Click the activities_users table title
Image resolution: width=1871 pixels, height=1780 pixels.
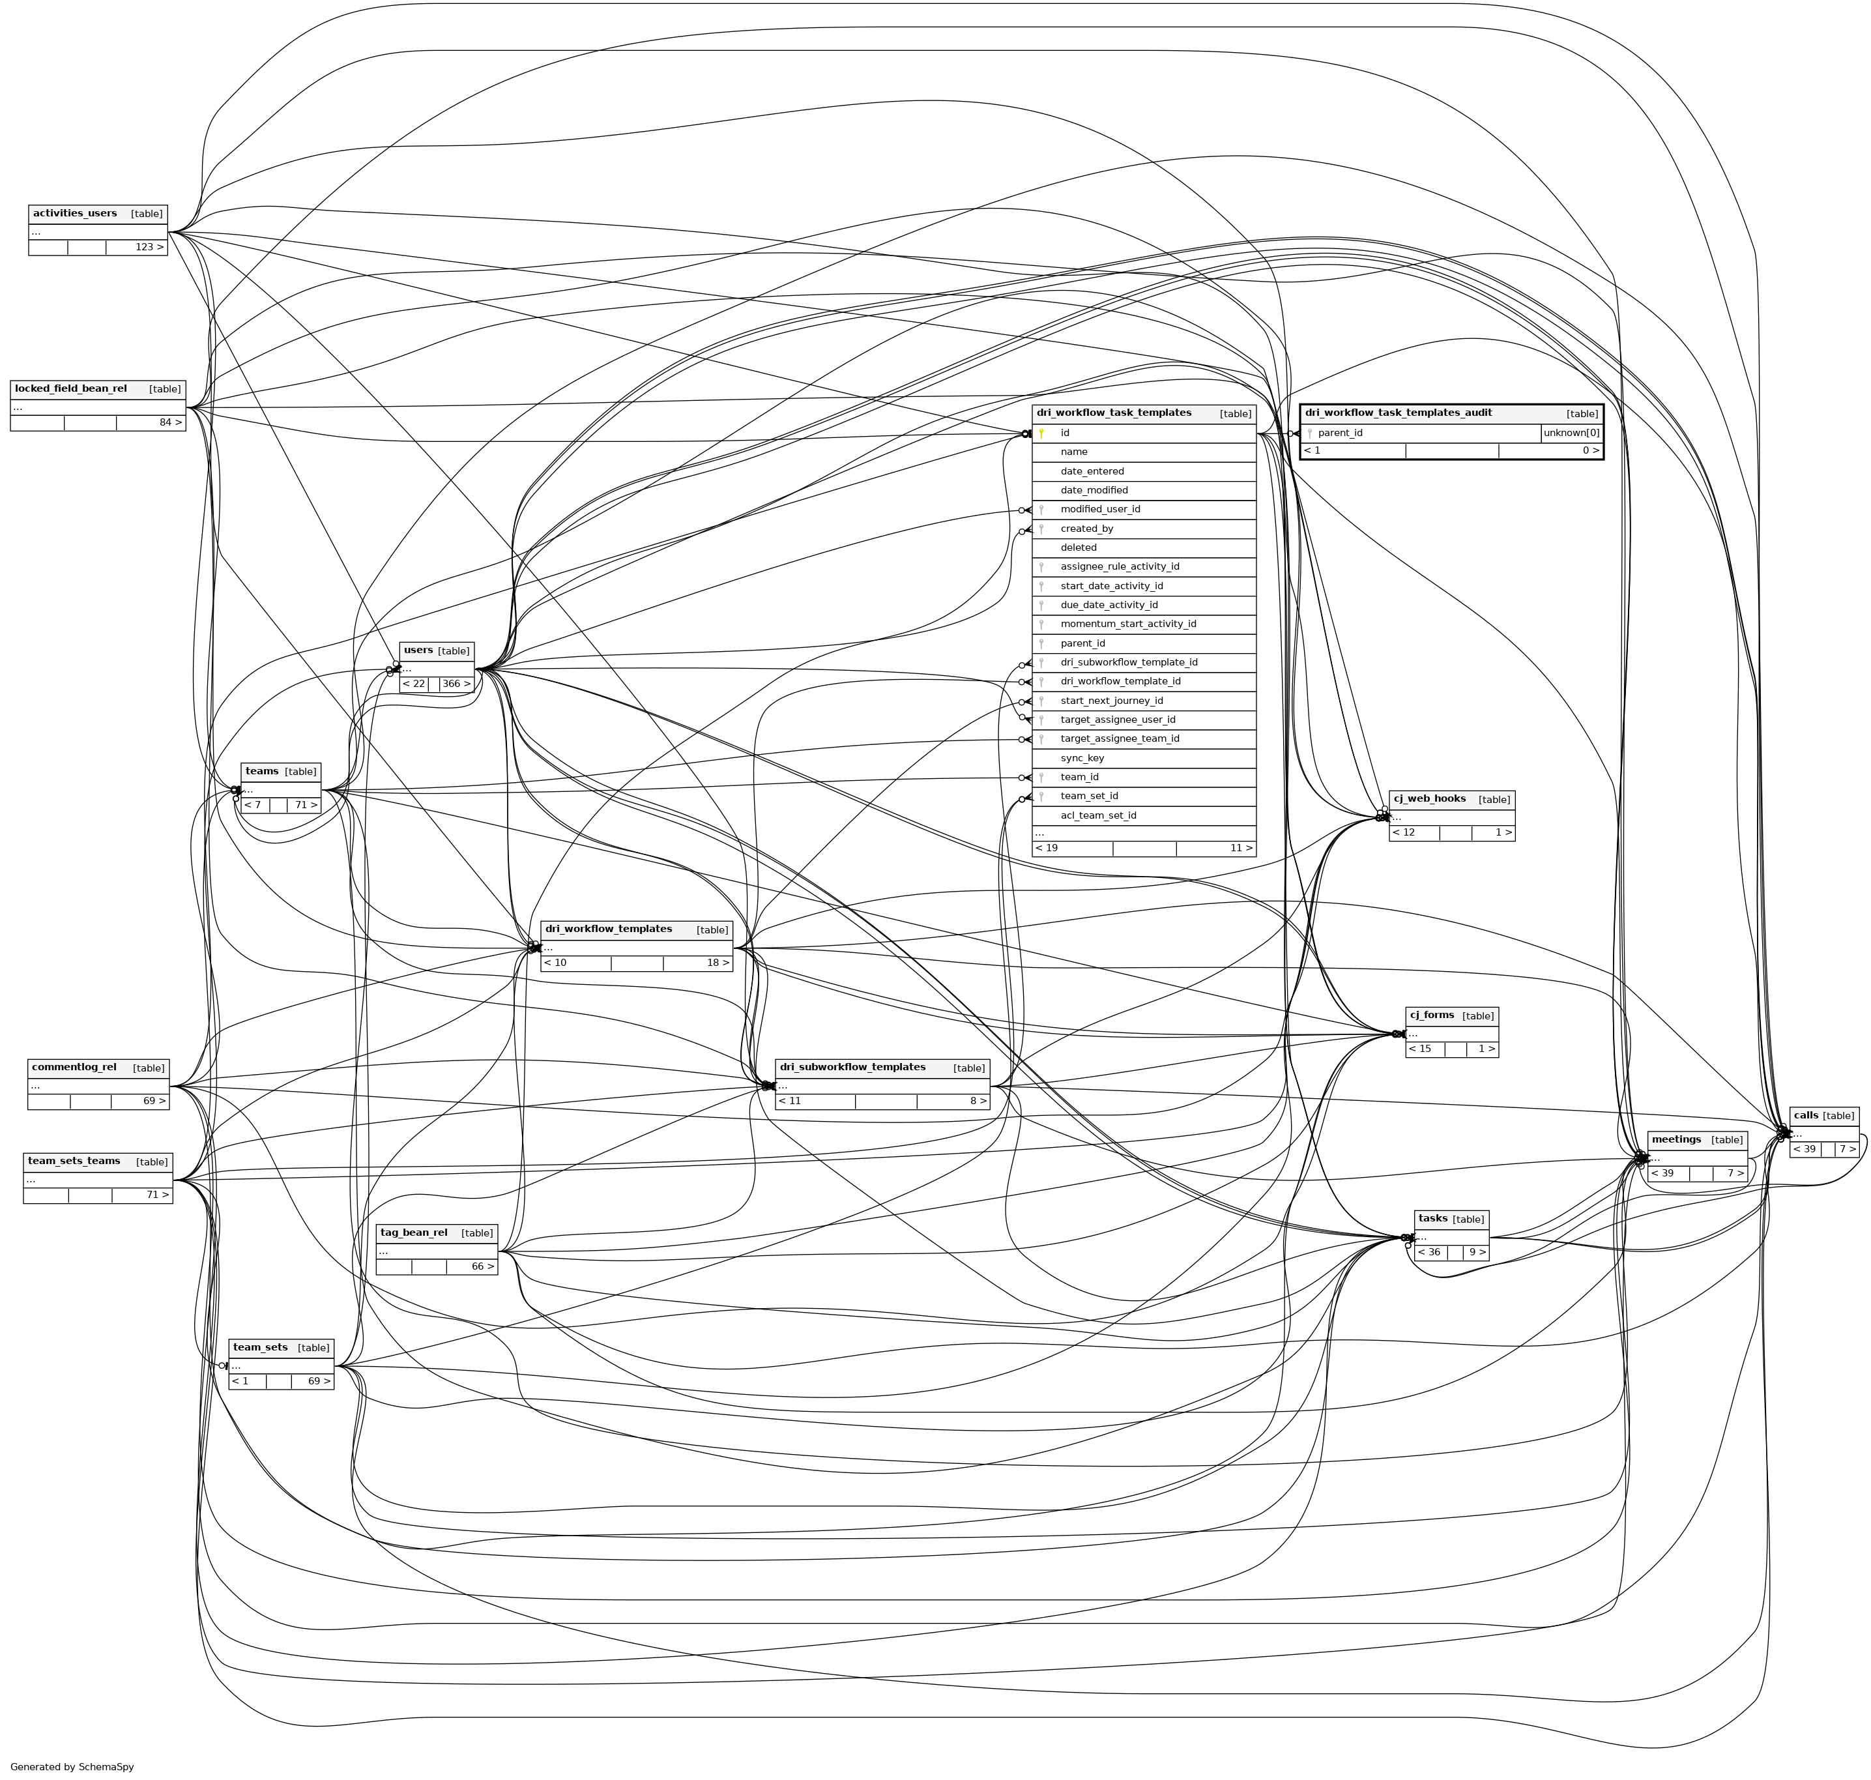coord(75,214)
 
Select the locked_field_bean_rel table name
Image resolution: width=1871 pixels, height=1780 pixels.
coord(71,389)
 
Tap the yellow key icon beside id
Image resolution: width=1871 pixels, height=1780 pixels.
coord(1041,433)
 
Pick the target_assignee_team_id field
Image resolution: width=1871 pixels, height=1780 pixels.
coord(1120,739)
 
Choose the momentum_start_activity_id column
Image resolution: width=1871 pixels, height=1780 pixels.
coord(1128,624)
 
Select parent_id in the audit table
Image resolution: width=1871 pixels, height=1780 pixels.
coord(1340,433)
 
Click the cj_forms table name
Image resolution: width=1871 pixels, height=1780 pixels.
coord(1432,1015)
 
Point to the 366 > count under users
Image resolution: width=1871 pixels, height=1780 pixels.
coord(456,684)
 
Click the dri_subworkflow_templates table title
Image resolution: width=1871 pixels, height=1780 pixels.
coord(852,1068)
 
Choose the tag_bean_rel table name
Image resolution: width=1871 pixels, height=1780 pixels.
coord(414,1233)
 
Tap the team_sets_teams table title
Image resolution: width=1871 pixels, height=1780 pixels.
coord(74,1161)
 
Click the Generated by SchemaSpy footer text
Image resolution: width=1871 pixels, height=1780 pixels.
coord(72,1767)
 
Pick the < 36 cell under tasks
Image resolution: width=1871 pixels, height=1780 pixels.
coord(1429,1253)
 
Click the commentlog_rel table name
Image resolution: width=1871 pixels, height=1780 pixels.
coord(74,1068)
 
